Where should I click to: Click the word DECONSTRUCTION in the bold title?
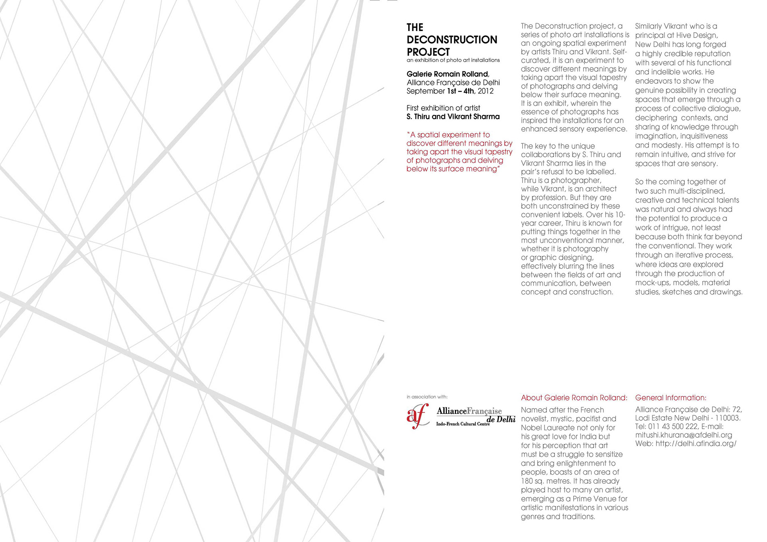(x=452, y=40)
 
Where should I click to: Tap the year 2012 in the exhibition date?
(x=486, y=91)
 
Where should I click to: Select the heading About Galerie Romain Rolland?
(x=574, y=398)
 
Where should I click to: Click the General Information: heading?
(x=671, y=398)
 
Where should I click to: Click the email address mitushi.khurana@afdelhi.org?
(x=684, y=435)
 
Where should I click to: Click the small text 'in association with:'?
(x=427, y=397)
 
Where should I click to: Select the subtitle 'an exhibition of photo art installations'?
(x=453, y=60)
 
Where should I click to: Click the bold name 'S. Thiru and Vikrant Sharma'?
(x=453, y=117)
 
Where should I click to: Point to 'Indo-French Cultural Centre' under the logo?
(x=463, y=424)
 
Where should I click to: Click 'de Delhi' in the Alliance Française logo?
(x=501, y=419)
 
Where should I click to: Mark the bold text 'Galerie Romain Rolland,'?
(x=448, y=74)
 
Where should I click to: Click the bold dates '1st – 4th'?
(x=461, y=91)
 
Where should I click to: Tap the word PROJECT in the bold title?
(x=428, y=52)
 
